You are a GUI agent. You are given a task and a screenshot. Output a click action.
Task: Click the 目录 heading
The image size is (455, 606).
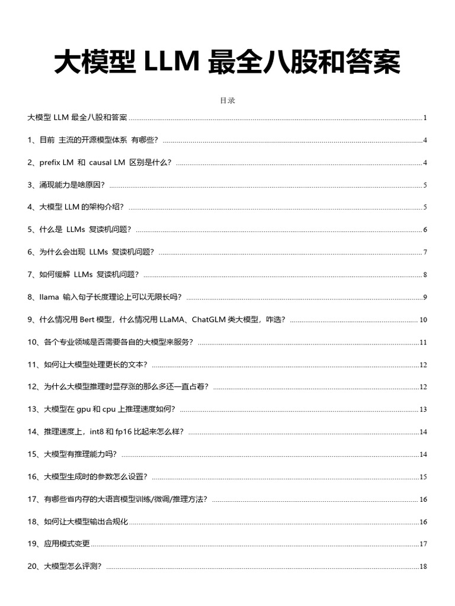[x=227, y=101]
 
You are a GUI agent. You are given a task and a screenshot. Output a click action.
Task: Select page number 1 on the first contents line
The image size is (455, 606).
[x=425, y=118]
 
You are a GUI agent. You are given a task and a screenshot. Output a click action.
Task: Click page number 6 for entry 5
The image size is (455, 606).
[x=425, y=230]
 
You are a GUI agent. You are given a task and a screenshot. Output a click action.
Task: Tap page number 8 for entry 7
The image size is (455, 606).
[x=425, y=275]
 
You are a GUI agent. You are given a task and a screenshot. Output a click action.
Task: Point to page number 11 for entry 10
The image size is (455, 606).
[x=424, y=343]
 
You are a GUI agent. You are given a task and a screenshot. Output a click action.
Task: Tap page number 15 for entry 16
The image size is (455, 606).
[x=424, y=477]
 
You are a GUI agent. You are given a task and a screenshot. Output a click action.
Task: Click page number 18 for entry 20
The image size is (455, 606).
[x=424, y=566]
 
